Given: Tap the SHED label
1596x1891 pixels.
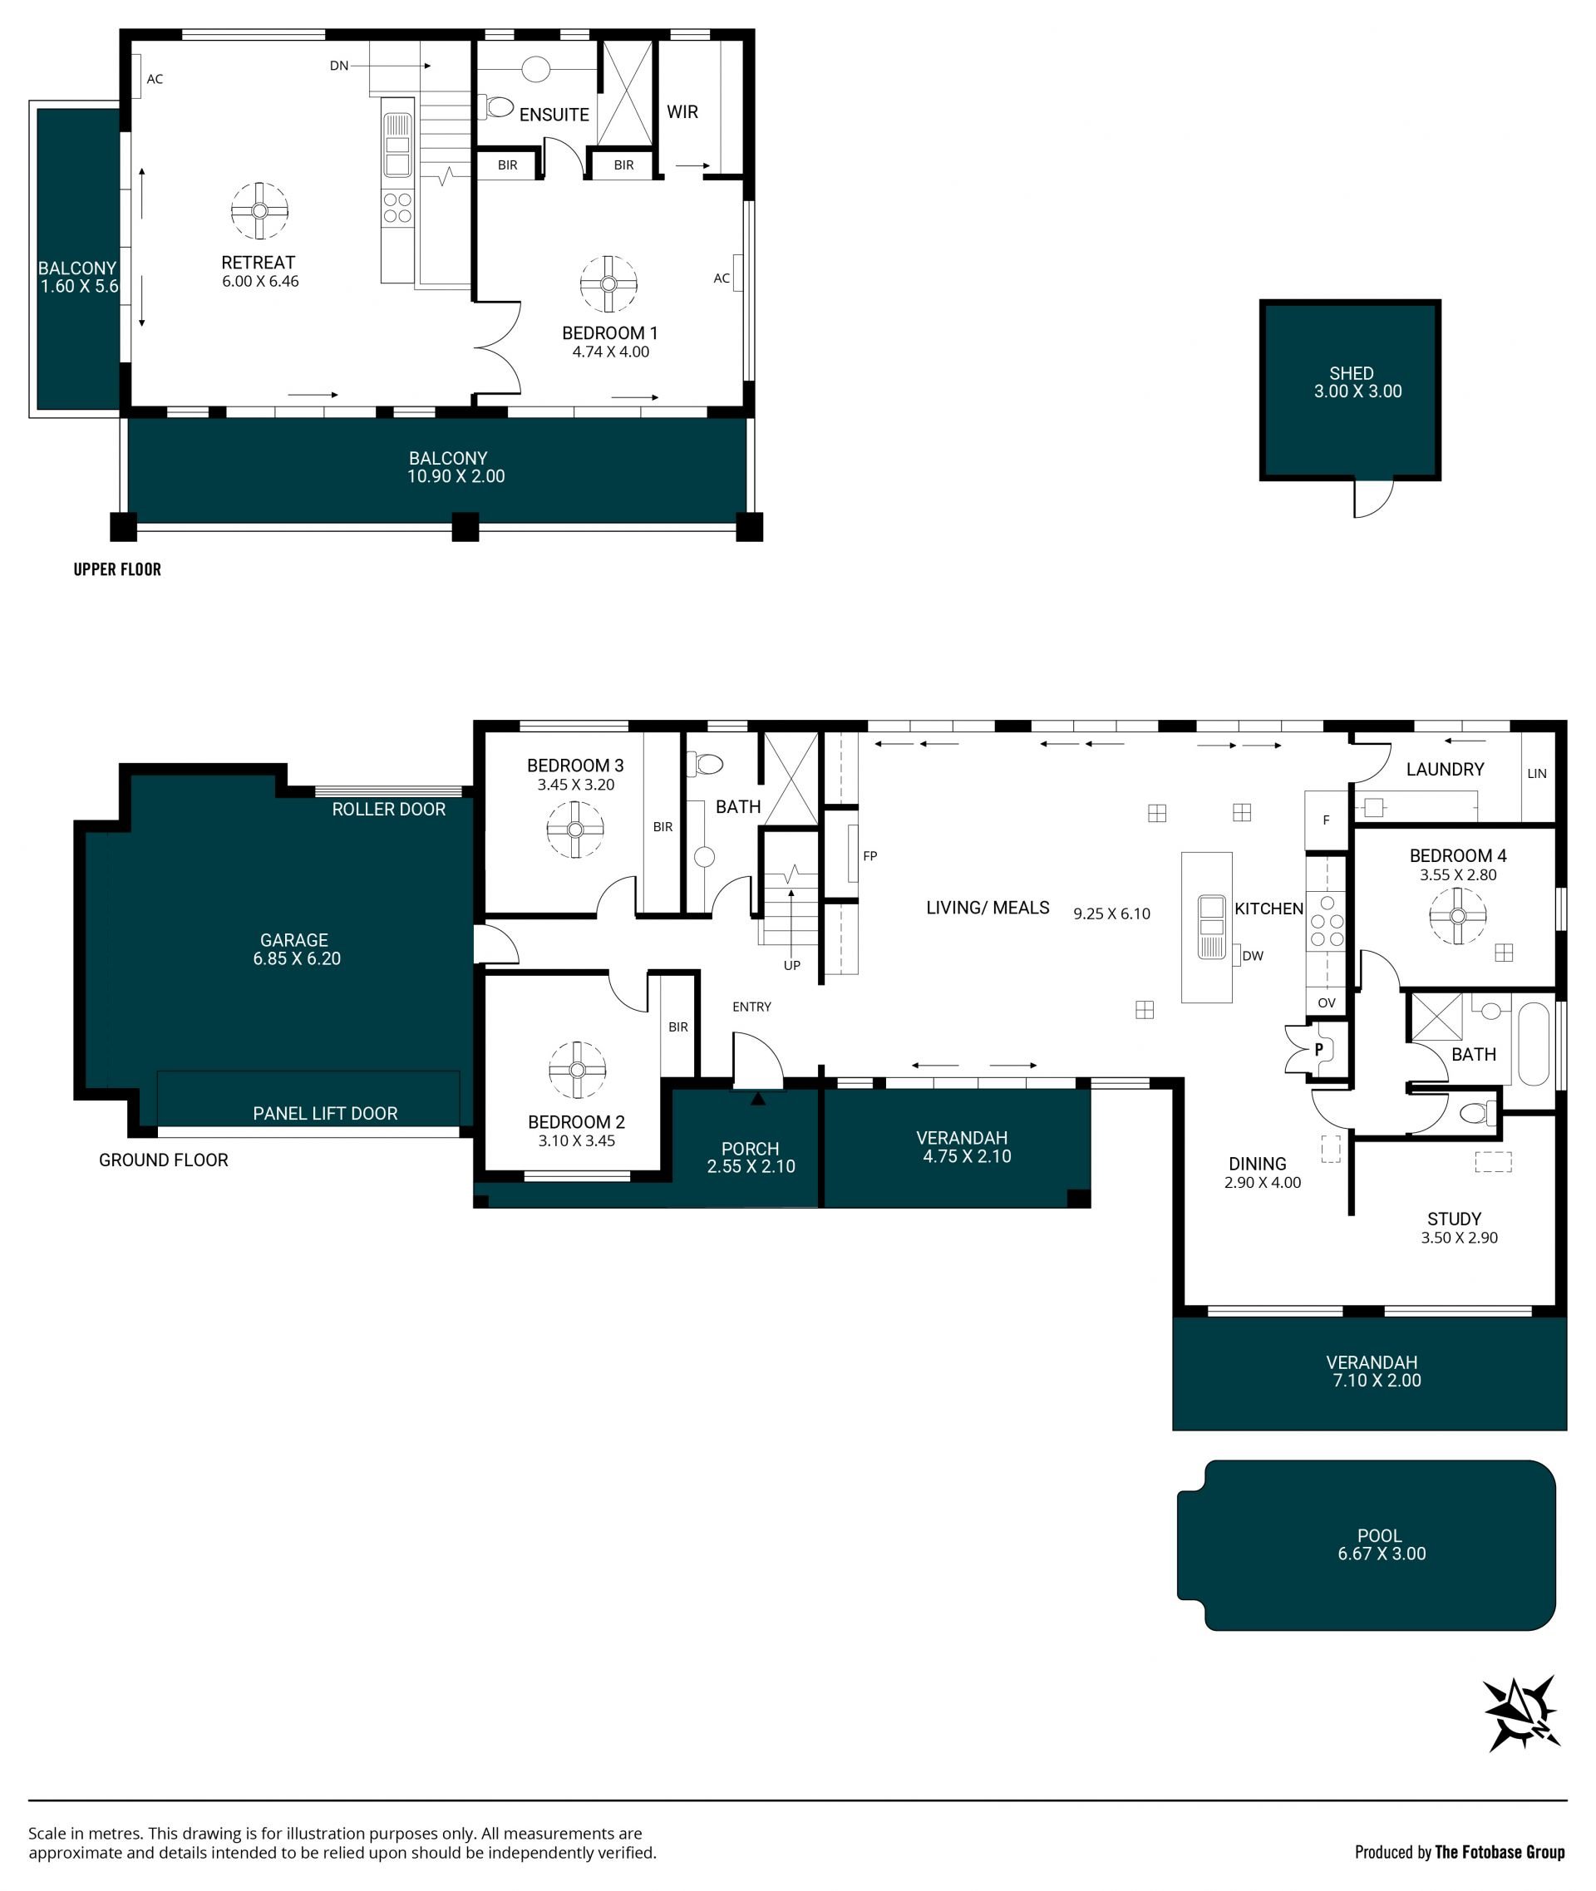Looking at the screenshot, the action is click(x=1351, y=372).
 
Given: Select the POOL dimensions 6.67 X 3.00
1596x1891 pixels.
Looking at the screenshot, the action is click(x=1382, y=1554).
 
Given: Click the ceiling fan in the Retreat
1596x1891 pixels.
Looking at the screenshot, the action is click(x=259, y=211).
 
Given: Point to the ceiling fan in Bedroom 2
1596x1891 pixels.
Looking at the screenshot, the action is click(x=577, y=1070).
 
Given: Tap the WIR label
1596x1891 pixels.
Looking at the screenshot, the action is click(x=682, y=112).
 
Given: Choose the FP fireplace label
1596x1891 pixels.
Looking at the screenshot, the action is click(x=870, y=856).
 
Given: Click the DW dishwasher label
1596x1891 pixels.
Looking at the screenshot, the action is click(x=1253, y=957).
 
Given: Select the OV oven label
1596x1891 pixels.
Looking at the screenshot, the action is click(x=1327, y=1002).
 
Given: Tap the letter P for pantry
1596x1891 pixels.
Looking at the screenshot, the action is click(x=1319, y=1051).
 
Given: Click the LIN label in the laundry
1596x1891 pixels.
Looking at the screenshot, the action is click(x=1537, y=774).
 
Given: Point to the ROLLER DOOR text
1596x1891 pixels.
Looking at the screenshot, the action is click(x=389, y=810).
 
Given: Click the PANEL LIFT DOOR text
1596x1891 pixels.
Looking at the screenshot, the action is click(x=325, y=1114).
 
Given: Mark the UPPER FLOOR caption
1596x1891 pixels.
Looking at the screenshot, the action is click(x=117, y=569).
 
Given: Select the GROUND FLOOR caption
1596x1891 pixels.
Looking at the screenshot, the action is click(x=164, y=1160).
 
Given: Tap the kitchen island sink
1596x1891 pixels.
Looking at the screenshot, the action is click(x=1211, y=927).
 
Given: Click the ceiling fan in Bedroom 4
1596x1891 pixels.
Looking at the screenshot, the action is click(x=1457, y=916).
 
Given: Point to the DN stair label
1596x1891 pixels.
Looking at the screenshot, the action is click(x=339, y=66).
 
